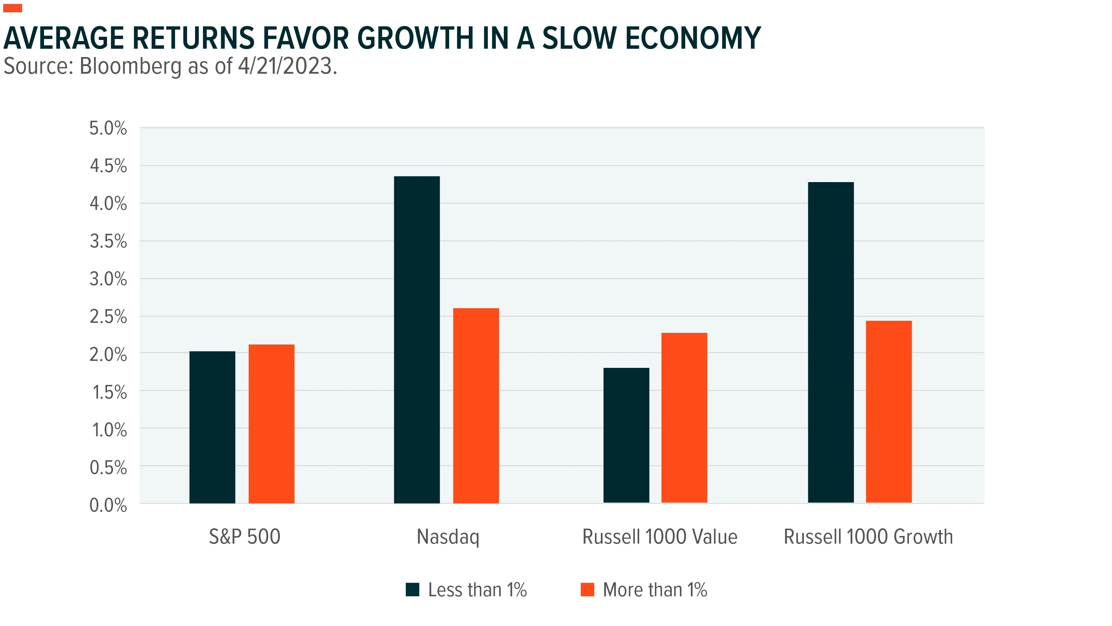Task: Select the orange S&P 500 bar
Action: click(271, 424)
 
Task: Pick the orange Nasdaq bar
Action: click(476, 406)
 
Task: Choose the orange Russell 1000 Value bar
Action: click(684, 418)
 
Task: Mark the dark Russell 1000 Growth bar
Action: click(831, 343)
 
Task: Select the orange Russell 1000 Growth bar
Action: click(889, 412)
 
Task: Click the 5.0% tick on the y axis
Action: click(108, 128)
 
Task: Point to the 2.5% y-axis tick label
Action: click(108, 317)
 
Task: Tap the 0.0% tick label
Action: click(108, 505)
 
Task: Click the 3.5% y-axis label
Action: click(108, 241)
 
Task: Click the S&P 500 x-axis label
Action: click(245, 537)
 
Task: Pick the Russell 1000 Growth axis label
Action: click(868, 537)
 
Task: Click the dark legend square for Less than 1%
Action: click(413, 589)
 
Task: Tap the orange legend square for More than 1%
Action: click(588, 589)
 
